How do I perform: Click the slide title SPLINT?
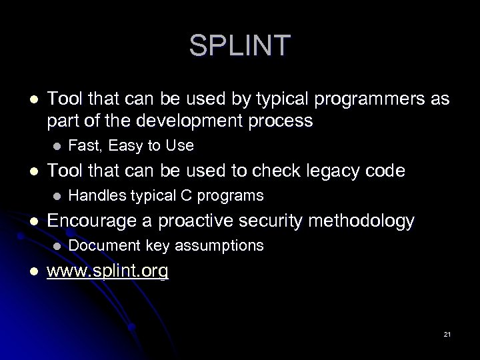239,45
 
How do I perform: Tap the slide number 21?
446,333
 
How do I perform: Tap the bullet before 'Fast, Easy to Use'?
57,145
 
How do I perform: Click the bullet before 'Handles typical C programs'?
57,195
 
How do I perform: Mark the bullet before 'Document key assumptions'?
57,245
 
